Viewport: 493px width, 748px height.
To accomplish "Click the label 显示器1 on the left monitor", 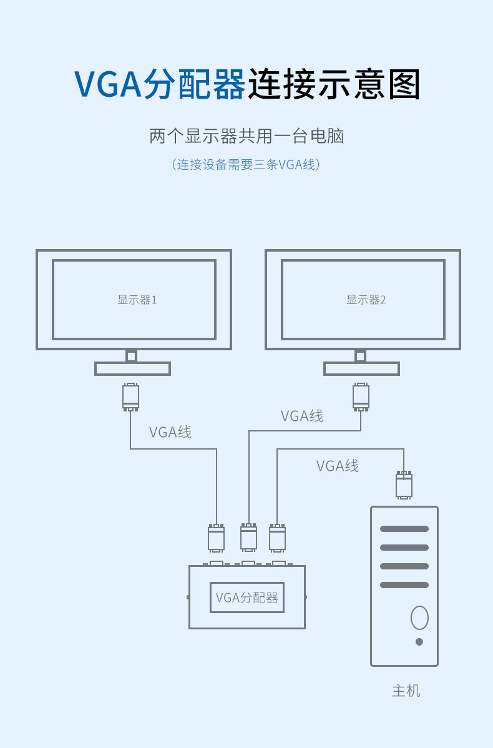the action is point(137,300).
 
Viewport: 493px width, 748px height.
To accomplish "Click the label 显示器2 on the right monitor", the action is point(366,300).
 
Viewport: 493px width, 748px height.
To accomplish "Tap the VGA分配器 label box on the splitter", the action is point(247,598).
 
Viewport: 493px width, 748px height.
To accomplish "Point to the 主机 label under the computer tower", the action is point(406,691).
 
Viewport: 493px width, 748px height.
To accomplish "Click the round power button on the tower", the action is point(419,618).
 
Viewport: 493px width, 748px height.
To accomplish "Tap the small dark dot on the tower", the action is point(419,642).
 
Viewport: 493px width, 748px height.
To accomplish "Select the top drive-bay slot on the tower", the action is point(404,529).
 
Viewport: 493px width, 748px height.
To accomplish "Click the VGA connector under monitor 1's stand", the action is point(130,397).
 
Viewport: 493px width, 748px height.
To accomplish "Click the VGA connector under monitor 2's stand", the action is point(361,397).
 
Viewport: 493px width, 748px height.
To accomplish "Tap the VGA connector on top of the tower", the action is point(404,485).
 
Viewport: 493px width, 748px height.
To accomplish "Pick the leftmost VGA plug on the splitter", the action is point(217,538).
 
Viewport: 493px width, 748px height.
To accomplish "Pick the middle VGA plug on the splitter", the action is point(249,538).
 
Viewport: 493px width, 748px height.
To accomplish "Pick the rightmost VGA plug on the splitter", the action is point(278,538).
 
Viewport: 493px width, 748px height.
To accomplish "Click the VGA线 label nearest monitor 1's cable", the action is point(170,432).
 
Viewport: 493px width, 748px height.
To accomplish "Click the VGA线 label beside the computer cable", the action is point(338,466).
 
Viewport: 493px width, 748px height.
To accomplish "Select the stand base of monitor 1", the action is point(132,369).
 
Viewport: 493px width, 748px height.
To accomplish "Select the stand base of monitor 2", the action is point(361,369).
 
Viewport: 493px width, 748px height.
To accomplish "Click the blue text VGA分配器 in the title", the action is point(160,84).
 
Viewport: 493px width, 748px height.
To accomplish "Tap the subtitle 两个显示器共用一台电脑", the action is point(246,137).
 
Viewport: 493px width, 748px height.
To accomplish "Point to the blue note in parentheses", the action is point(246,165).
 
